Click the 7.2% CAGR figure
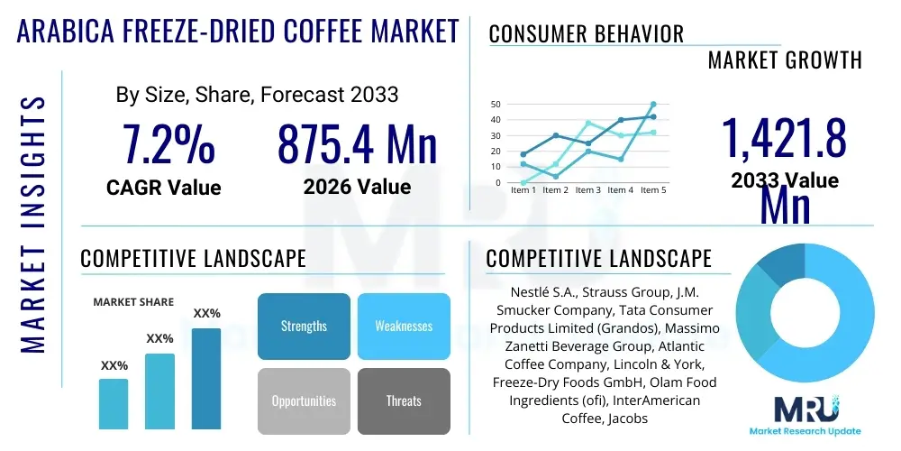point(168,144)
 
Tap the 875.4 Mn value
point(357,144)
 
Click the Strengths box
point(304,326)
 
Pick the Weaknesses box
point(404,326)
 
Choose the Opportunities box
point(304,400)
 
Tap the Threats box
point(404,400)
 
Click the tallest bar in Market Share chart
point(206,378)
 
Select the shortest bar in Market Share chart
point(114,403)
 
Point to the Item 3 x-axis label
point(587,190)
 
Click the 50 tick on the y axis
point(496,105)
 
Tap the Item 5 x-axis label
point(652,190)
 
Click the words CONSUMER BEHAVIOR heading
point(586,34)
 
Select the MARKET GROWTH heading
point(785,60)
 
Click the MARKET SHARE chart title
point(133,302)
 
